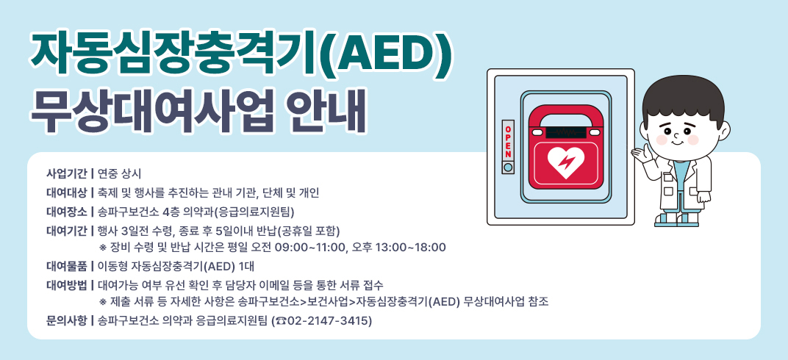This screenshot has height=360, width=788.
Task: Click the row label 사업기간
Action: pyautogui.click(x=67, y=174)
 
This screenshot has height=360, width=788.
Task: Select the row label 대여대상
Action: pyautogui.click(x=67, y=193)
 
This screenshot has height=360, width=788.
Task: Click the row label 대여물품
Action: pyautogui.click(x=67, y=265)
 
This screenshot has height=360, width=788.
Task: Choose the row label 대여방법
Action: pyautogui.click(x=67, y=284)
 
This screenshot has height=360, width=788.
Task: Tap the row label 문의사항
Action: pyautogui.click(x=67, y=321)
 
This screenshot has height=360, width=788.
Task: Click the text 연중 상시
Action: pyautogui.click(x=119, y=174)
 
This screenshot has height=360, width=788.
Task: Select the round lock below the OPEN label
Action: pyautogui.click(x=507, y=168)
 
